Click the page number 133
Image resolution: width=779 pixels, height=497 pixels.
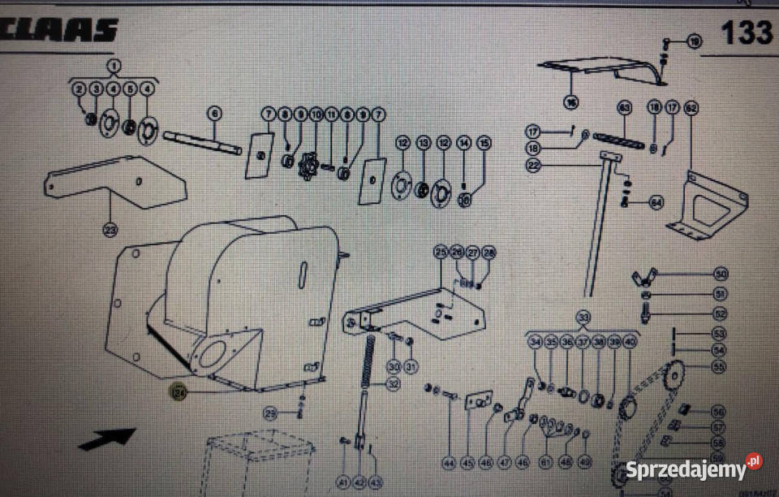pyautogui.click(x=746, y=32)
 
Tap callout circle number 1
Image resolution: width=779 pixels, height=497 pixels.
pyautogui.click(x=114, y=65)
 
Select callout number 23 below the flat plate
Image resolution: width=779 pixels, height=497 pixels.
pyautogui.click(x=110, y=230)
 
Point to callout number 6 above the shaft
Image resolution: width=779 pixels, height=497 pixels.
pyautogui.click(x=214, y=113)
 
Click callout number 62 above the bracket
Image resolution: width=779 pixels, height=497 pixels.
pyautogui.click(x=691, y=107)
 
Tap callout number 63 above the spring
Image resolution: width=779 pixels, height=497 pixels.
pyautogui.click(x=624, y=107)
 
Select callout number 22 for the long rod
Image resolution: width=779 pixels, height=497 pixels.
pyautogui.click(x=533, y=165)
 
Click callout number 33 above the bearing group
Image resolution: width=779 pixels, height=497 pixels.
pyautogui.click(x=582, y=316)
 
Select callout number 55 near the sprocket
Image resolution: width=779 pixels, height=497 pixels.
pyautogui.click(x=718, y=366)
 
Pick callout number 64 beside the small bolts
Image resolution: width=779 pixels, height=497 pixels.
pyautogui.click(x=656, y=202)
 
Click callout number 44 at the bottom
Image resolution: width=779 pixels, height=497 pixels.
pyautogui.click(x=450, y=464)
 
